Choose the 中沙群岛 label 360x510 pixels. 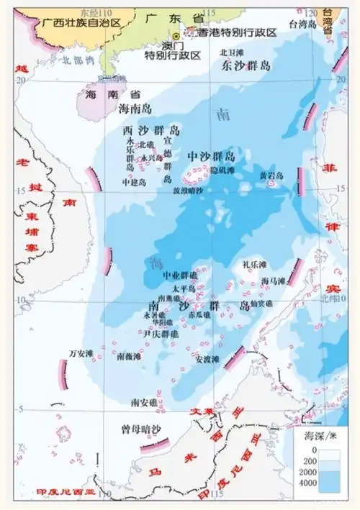211,156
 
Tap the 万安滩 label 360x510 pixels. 81,352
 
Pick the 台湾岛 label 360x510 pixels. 302,23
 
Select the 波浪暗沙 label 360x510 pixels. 188,191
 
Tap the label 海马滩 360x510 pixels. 274,281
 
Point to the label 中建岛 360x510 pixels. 134,183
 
